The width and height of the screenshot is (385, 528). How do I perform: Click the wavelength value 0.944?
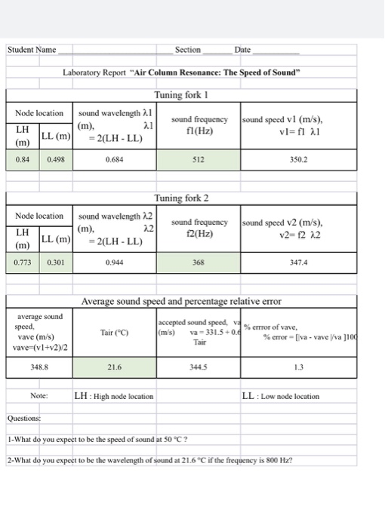115,263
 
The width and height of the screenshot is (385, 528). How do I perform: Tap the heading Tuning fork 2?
178,198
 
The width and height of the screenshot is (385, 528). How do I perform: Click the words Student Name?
32,50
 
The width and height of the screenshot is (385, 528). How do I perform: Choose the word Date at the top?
242,50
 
